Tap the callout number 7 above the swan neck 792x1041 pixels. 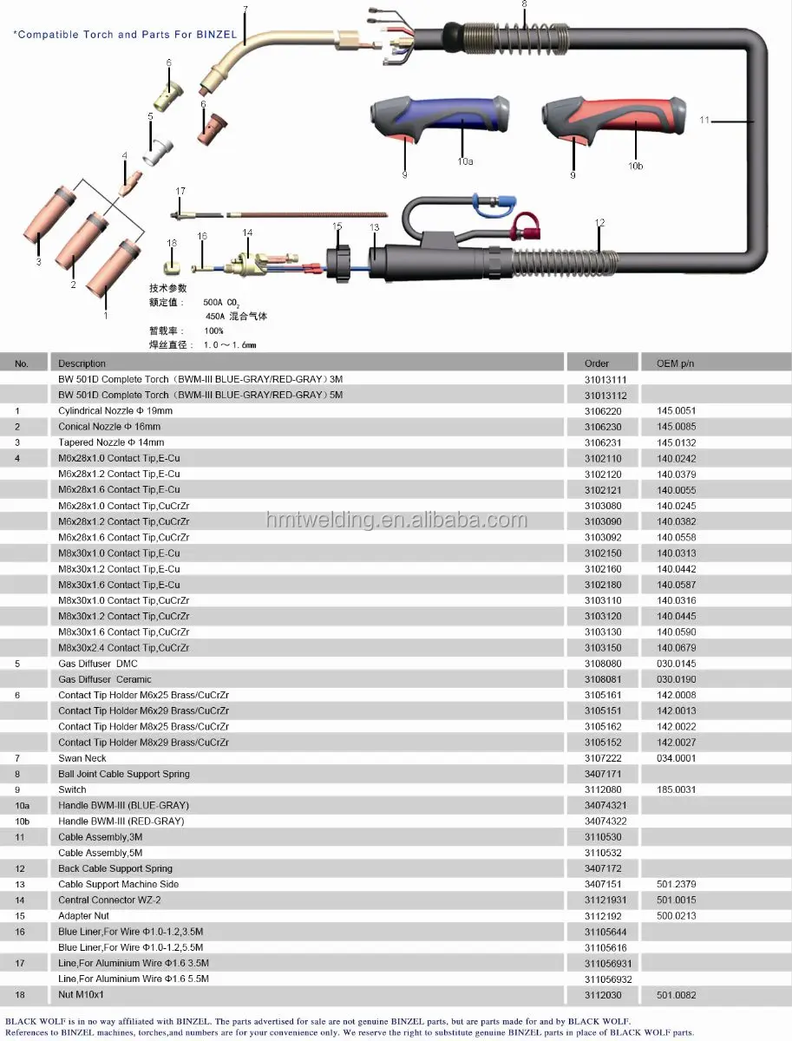click(x=245, y=10)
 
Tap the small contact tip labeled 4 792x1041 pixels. click(x=130, y=182)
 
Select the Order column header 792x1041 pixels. click(x=597, y=363)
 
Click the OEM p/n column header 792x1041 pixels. click(x=676, y=363)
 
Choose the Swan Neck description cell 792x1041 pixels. click(x=82, y=758)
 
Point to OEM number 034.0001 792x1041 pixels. click(x=676, y=758)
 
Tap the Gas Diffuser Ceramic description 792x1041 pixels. click(x=105, y=679)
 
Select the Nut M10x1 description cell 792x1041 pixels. click(x=87, y=995)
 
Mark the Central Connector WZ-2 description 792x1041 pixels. click(x=109, y=900)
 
